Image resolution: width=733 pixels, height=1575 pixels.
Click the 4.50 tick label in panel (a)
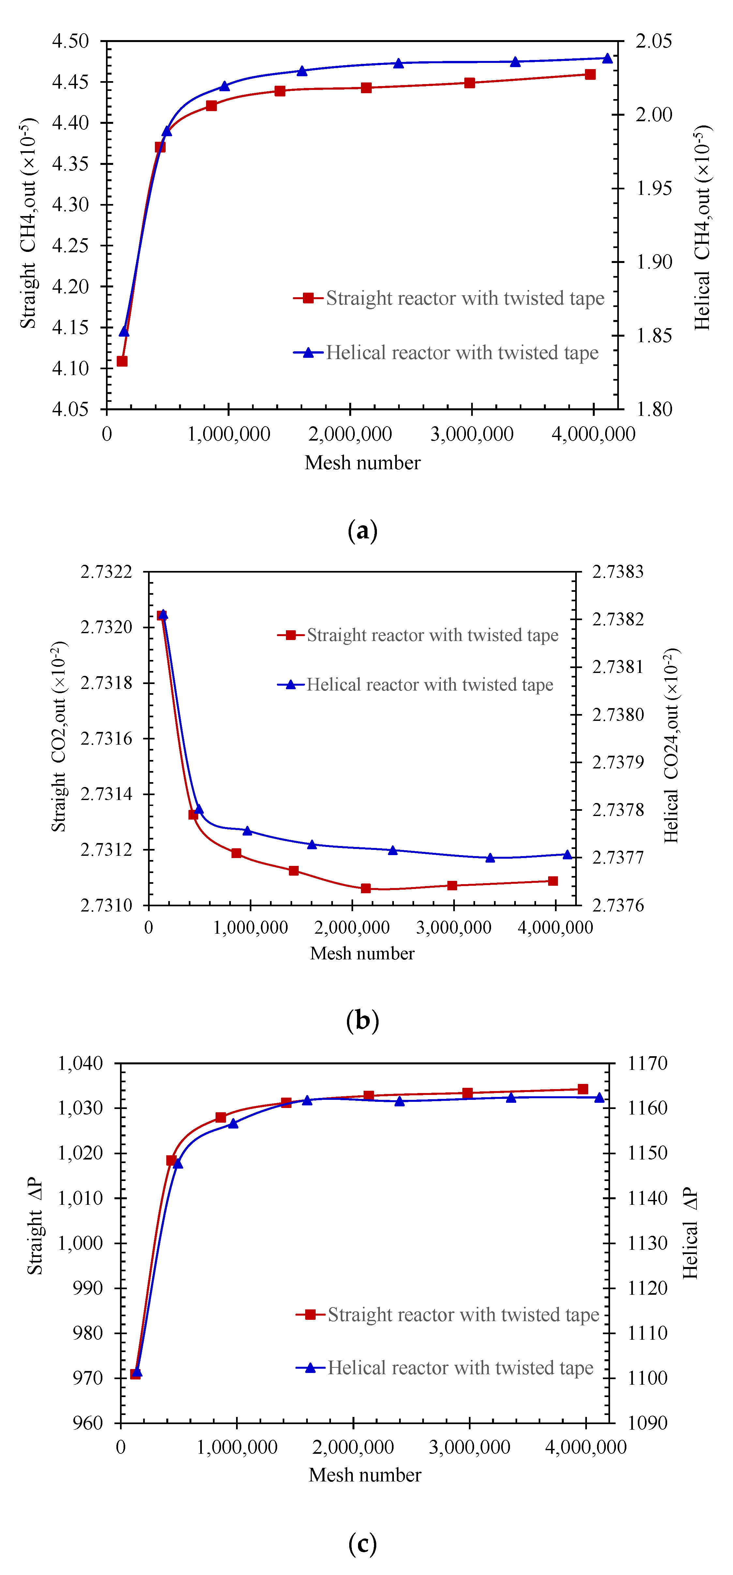coord(70,42)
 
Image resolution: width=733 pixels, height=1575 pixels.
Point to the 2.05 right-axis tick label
coord(653,42)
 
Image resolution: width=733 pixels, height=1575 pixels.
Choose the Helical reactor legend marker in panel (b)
coord(291,685)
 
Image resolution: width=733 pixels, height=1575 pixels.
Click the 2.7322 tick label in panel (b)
coord(106,572)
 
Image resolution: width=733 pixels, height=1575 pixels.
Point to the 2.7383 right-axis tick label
coord(618,572)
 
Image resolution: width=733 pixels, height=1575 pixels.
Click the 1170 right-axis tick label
coord(647,1063)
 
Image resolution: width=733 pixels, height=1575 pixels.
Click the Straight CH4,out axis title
coord(28,223)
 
